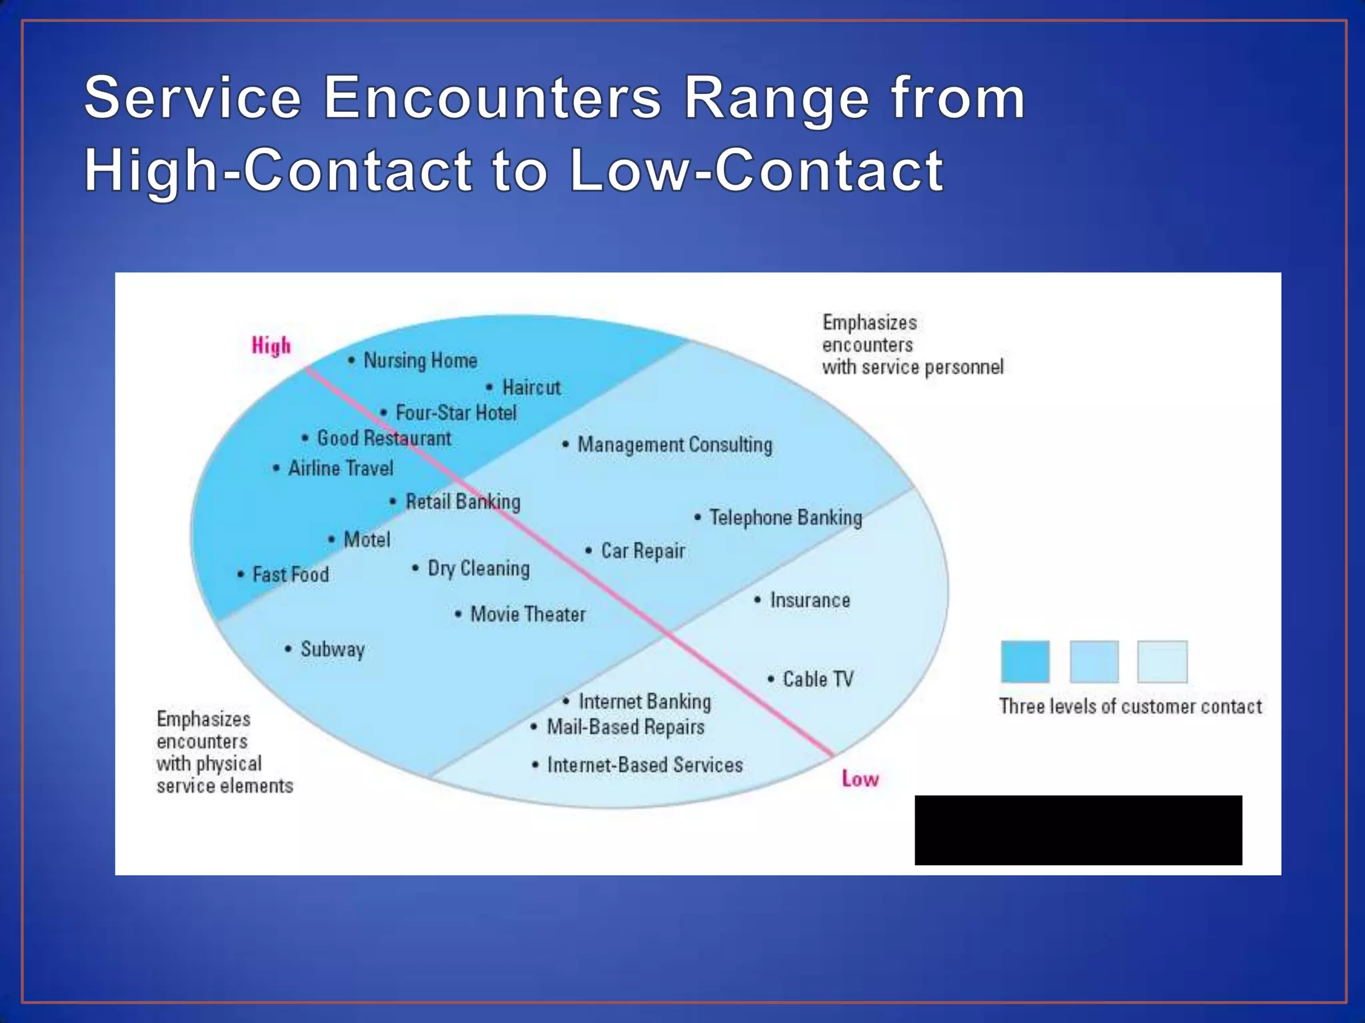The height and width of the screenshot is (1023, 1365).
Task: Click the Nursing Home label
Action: pos(420,361)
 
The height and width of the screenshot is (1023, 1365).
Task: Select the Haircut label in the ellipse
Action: pos(531,388)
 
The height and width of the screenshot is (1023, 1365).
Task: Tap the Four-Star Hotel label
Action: pos(456,413)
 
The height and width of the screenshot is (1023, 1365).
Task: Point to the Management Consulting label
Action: pos(675,444)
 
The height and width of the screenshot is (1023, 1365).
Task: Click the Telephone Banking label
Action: pos(785,517)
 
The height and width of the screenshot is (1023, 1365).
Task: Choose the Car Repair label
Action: pos(643,551)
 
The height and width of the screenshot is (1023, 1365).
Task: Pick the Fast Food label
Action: pos(291,574)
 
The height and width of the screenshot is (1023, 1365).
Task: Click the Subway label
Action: pos(333,649)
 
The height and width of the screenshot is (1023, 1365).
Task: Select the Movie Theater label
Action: pos(528,614)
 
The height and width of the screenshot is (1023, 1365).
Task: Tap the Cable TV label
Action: pos(818,679)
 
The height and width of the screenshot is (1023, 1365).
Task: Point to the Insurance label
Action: pos(810,600)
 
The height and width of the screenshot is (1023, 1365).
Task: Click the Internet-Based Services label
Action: pos(645,765)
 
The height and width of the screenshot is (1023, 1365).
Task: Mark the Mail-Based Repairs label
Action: pos(625,727)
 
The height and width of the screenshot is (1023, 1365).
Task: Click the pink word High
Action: pos(271,346)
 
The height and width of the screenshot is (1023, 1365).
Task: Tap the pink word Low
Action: pos(860,779)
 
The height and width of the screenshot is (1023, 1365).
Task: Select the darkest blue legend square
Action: pos(1025,661)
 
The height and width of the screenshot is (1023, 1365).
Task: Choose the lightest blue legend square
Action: pos(1162,661)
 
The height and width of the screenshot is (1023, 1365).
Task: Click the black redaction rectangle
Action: pos(1078,830)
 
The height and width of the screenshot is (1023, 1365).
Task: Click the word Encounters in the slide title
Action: pos(493,98)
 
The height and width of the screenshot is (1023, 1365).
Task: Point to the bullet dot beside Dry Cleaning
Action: pos(415,568)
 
